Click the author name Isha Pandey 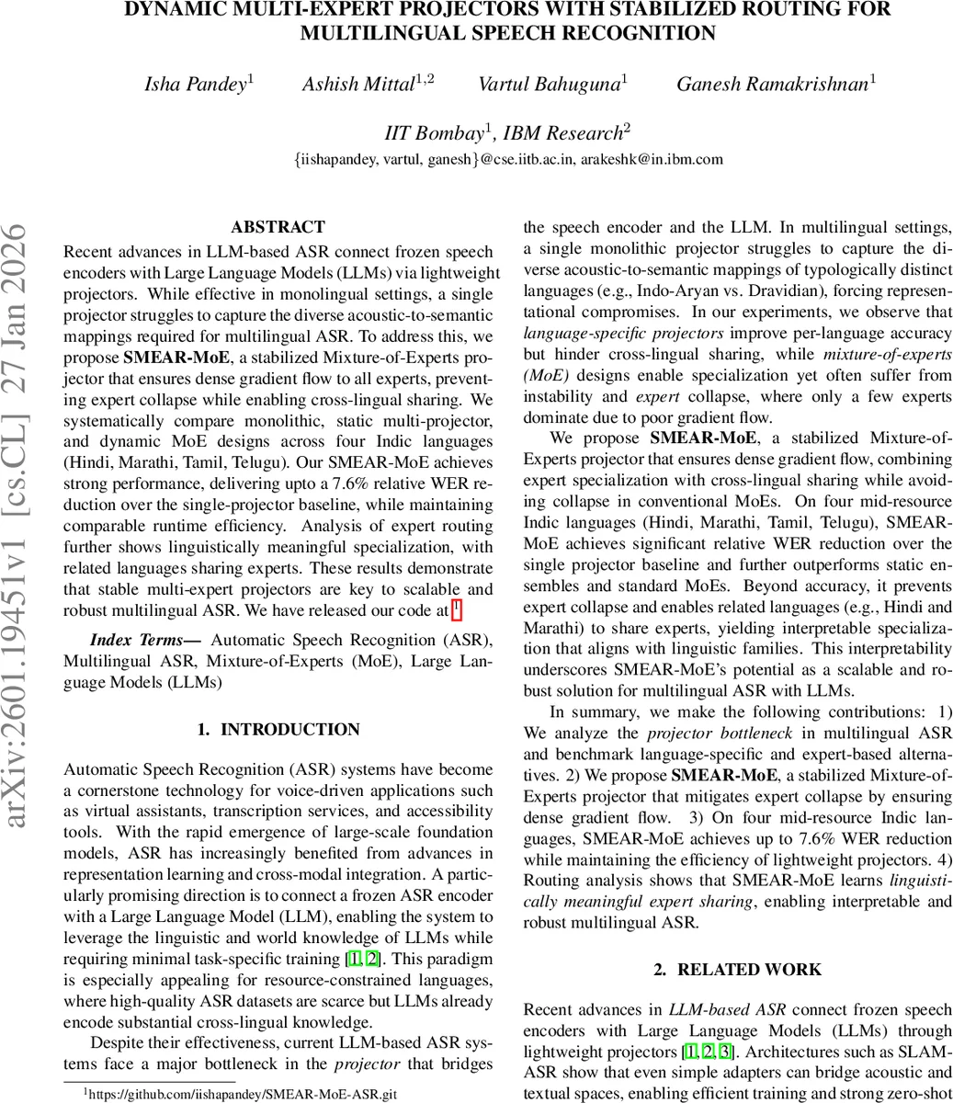[196, 85]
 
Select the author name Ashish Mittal [358, 85]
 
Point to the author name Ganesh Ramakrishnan [772, 85]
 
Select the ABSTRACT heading [278, 227]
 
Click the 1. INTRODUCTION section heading [278, 730]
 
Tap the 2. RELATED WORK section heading [738, 969]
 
